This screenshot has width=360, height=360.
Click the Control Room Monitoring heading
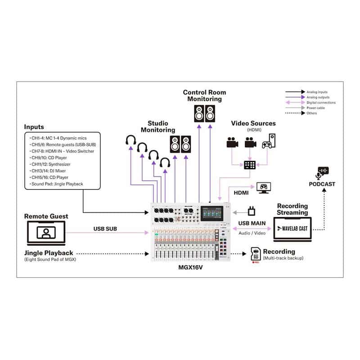204,95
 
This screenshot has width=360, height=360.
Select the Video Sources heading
253,123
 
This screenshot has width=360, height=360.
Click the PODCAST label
322,184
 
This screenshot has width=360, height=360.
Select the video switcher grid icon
249,165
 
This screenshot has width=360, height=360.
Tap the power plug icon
252,210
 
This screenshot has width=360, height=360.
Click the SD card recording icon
255,254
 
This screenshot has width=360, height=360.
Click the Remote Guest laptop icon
46,232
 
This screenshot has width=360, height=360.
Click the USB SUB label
106,229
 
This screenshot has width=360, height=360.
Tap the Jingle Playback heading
49,253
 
